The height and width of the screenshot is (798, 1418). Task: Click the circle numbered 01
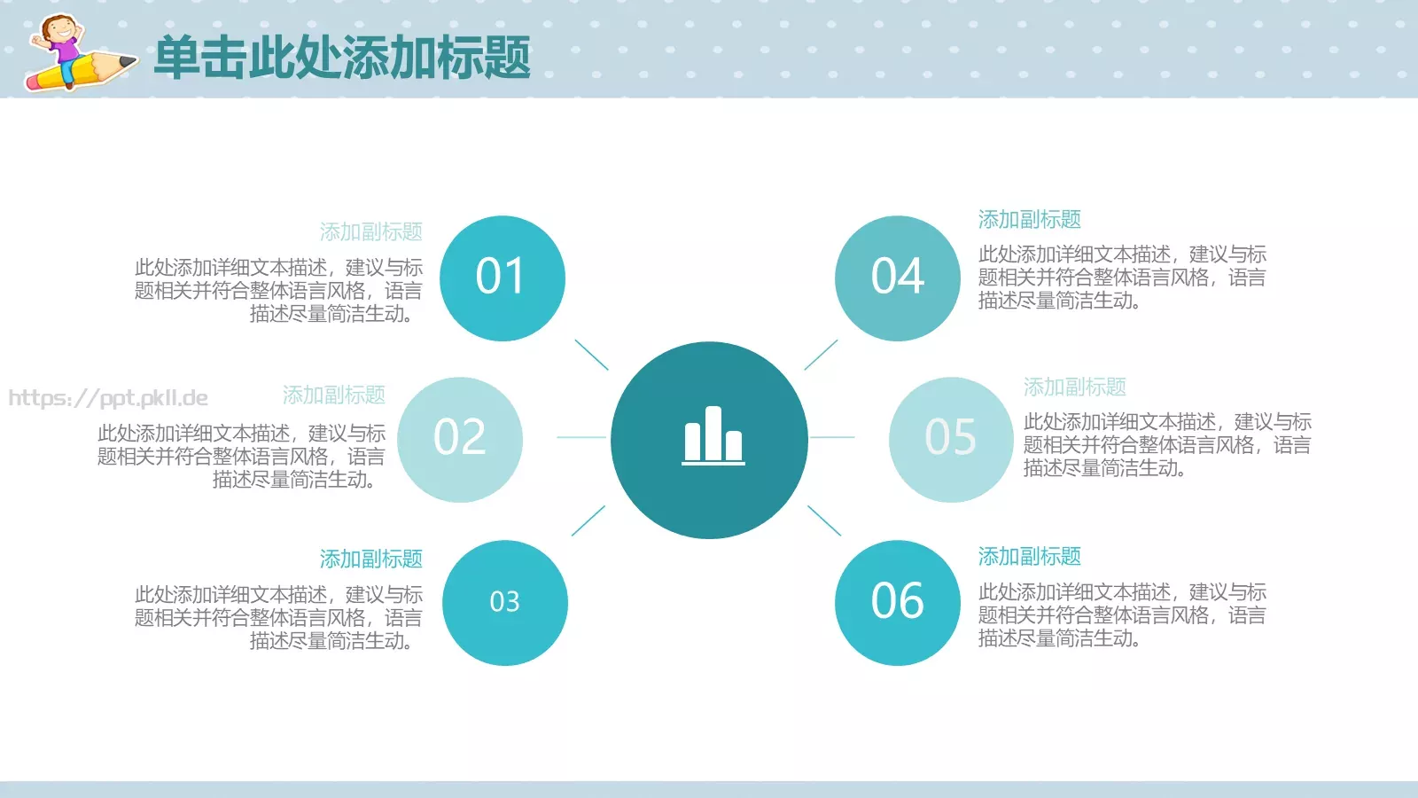[503, 278]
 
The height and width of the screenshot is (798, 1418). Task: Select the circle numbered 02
[460, 439]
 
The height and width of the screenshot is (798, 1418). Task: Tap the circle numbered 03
[505, 602]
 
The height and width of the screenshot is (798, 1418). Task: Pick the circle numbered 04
[897, 278]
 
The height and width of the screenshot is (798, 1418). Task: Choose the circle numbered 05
[951, 439]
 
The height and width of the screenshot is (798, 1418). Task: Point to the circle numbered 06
[897, 602]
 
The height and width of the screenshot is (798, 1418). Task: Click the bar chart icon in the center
[713, 436]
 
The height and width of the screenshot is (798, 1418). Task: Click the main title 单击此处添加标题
[342, 58]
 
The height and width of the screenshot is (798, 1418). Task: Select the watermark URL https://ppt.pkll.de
[108, 398]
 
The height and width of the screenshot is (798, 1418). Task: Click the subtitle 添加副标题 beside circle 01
[370, 231]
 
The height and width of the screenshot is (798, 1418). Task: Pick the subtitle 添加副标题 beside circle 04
[1029, 219]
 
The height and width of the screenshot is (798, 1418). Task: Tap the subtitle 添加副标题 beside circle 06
[1029, 556]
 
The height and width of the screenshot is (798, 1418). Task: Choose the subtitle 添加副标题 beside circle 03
[370, 559]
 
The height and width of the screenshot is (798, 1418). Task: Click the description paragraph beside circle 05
[1166, 445]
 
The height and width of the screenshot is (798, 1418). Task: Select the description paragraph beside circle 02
[241, 457]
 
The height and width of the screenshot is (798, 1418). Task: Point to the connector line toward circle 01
[591, 355]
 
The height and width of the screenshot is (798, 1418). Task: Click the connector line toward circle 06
[824, 520]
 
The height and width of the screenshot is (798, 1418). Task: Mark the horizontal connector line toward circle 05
[832, 437]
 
